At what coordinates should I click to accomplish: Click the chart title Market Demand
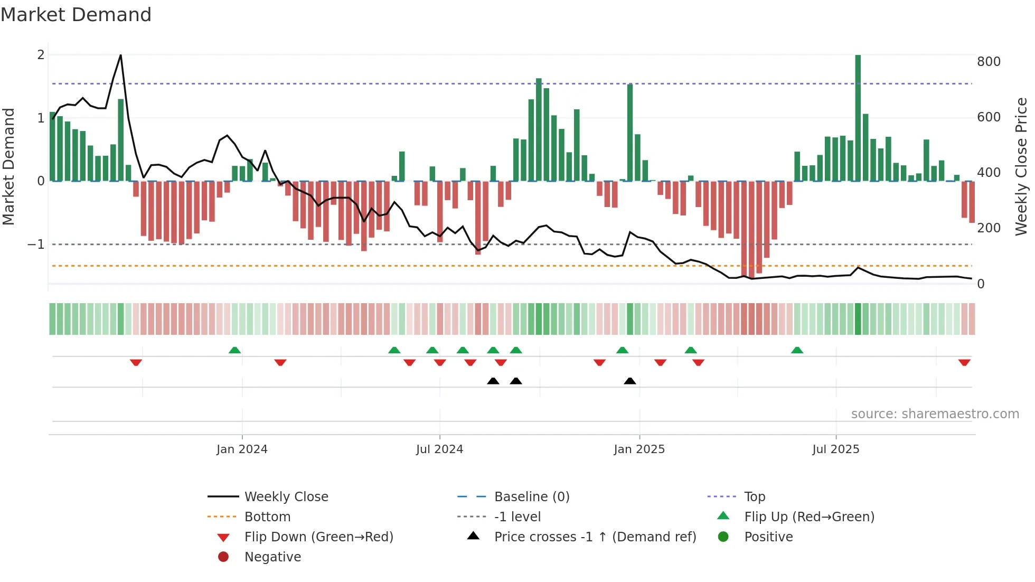pos(76,15)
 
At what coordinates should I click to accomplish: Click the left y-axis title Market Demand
pos(9,166)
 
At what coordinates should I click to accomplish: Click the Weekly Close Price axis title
pos(1021,166)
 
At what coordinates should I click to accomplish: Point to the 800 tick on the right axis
pos(989,62)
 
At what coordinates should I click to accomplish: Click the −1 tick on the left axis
pos(36,245)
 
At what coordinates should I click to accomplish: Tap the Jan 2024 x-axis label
pos(242,449)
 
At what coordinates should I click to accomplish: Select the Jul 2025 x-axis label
pos(835,449)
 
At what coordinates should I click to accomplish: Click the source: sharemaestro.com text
pos(935,414)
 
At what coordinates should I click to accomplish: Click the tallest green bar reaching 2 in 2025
pos(858,116)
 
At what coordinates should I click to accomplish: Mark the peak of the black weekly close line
pos(121,55)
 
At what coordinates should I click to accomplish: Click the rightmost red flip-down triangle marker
pos(964,362)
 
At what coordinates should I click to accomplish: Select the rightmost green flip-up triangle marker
pos(797,350)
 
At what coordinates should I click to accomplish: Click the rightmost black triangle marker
pos(629,381)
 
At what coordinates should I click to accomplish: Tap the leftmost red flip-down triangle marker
pos(136,362)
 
